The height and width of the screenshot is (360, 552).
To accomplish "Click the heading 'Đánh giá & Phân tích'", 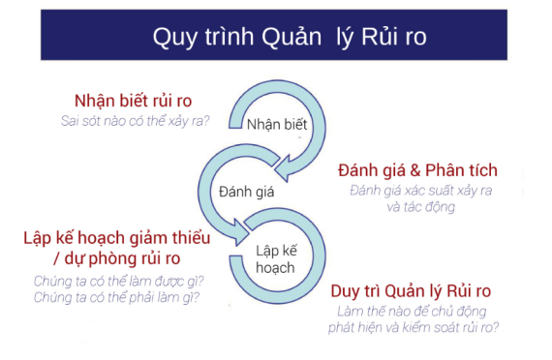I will pyautogui.click(x=418, y=170).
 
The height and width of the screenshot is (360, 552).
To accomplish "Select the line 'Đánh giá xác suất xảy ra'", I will pyautogui.click(x=421, y=191).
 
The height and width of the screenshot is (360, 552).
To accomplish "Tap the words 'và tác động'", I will pyautogui.click(x=420, y=207).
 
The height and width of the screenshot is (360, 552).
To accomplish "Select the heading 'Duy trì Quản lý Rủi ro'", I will pyautogui.click(x=412, y=290).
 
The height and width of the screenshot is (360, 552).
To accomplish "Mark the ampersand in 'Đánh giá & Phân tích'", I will pyautogui.click(x=418, y=170).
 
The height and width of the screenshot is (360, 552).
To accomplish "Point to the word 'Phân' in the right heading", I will pyautogui.click(x=451, y=170).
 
